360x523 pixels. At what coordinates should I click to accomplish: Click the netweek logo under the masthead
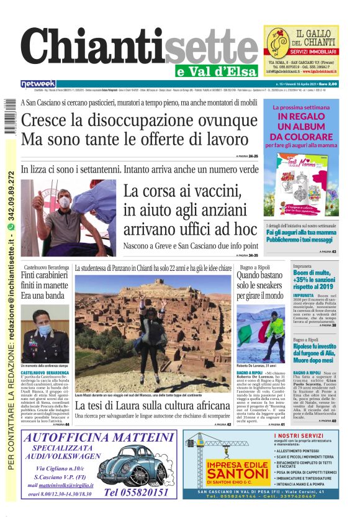[x=38, y=84]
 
